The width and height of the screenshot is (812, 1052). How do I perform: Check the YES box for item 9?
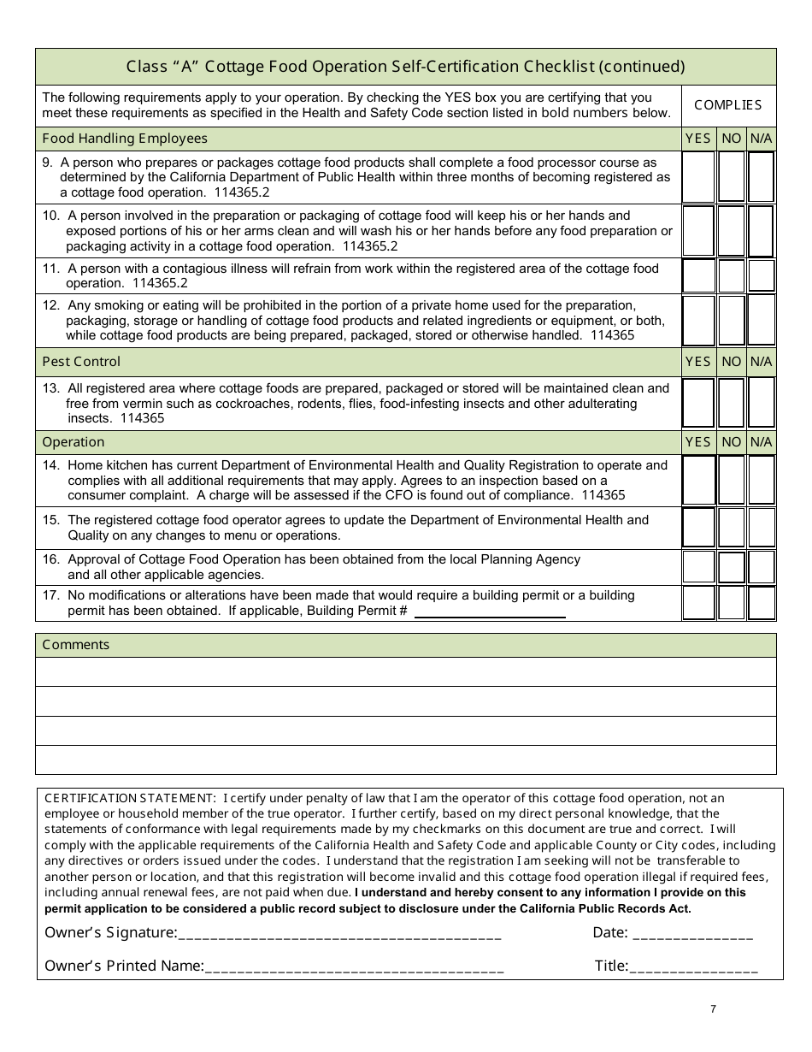pyautogui.click(x=698, y=177)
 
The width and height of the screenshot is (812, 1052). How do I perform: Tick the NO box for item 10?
pyautogui.click(x=731, y=231)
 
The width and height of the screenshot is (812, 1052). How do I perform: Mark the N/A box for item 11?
pyautogui.click(x=761, y=275)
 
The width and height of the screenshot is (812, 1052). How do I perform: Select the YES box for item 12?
pyautogui.click(x=698, y=320)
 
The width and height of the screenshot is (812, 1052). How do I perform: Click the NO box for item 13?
pyautogui.click(x=731, y=403)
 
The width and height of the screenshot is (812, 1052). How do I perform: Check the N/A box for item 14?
pyautogui.click(x=761, y=481)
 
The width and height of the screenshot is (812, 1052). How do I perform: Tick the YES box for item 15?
pyautogui.click(x=698, y=528)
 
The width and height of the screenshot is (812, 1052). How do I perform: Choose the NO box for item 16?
pyautogui.click(x=731, y=567)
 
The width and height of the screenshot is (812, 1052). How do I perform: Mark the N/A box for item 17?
pyautogui.click(x=761, y=603)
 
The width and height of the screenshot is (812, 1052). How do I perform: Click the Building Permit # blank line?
pyautogui.click(x=490, y=613)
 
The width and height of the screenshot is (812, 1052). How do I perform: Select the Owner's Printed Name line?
pyautogui.click(x=354, y=968)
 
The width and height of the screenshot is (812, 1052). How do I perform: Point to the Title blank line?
pyautogui.click(x=693, y=968)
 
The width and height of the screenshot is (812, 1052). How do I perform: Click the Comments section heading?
pyautogui.click(x=76, y=645)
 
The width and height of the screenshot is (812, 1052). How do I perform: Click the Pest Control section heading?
pyautogui.click(x=81, y=362)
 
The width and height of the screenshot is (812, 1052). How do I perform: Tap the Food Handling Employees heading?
pyautogui.click(x=125, y=139)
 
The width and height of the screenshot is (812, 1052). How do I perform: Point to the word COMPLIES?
pyautogui.click(x=727, y=105)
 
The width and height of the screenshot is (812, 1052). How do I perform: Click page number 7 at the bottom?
pyautogui.click(x=713, y=1009)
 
